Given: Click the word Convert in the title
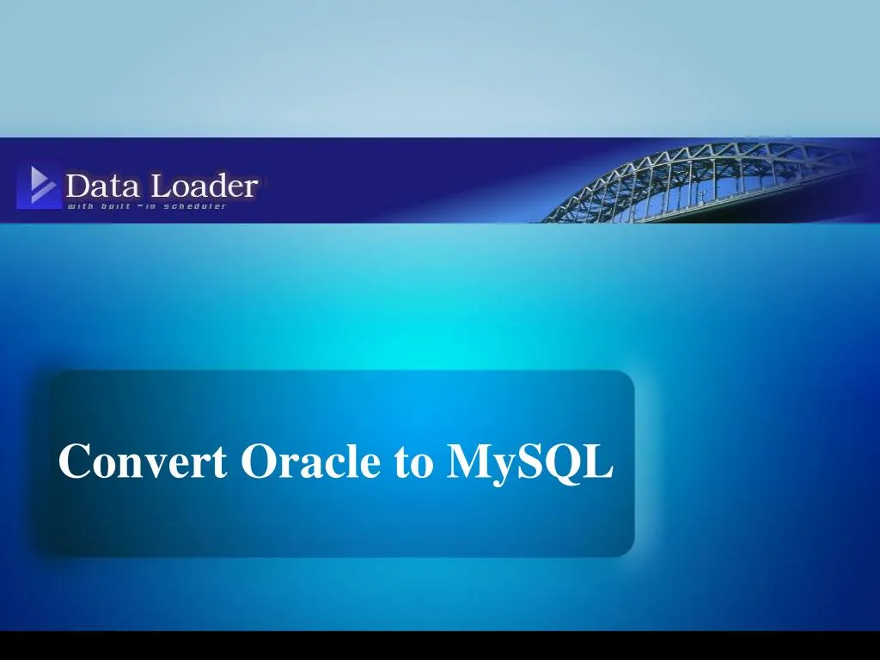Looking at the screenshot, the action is (x=143, y=461).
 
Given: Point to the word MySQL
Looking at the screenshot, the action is (x=529, y=462).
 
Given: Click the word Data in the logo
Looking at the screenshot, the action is (x=102, y=186).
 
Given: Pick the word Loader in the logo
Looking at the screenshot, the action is (x=205, y=186).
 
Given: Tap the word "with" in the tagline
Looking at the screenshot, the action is (x=80, y=206).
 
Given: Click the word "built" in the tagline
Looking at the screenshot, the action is (x=116, y=206).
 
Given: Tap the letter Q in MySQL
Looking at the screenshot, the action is (x=563, y=463).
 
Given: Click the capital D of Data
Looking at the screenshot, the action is (x=77, y=186).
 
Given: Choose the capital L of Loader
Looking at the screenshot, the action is (x=162, y=186).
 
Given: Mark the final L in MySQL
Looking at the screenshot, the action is (x=599, y=461).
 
